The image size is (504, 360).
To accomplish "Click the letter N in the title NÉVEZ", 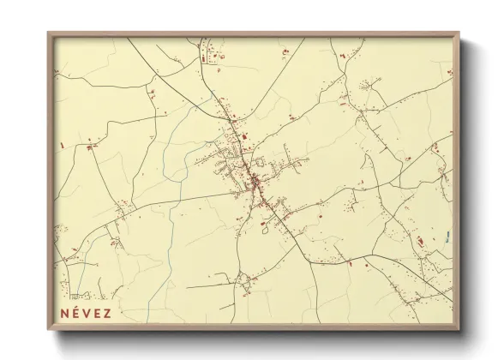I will [64, 312].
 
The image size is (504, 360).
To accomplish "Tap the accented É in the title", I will [77, 312].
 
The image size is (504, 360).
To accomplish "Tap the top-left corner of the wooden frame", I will [49, 33].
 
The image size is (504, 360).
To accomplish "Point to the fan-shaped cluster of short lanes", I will [369, 85].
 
